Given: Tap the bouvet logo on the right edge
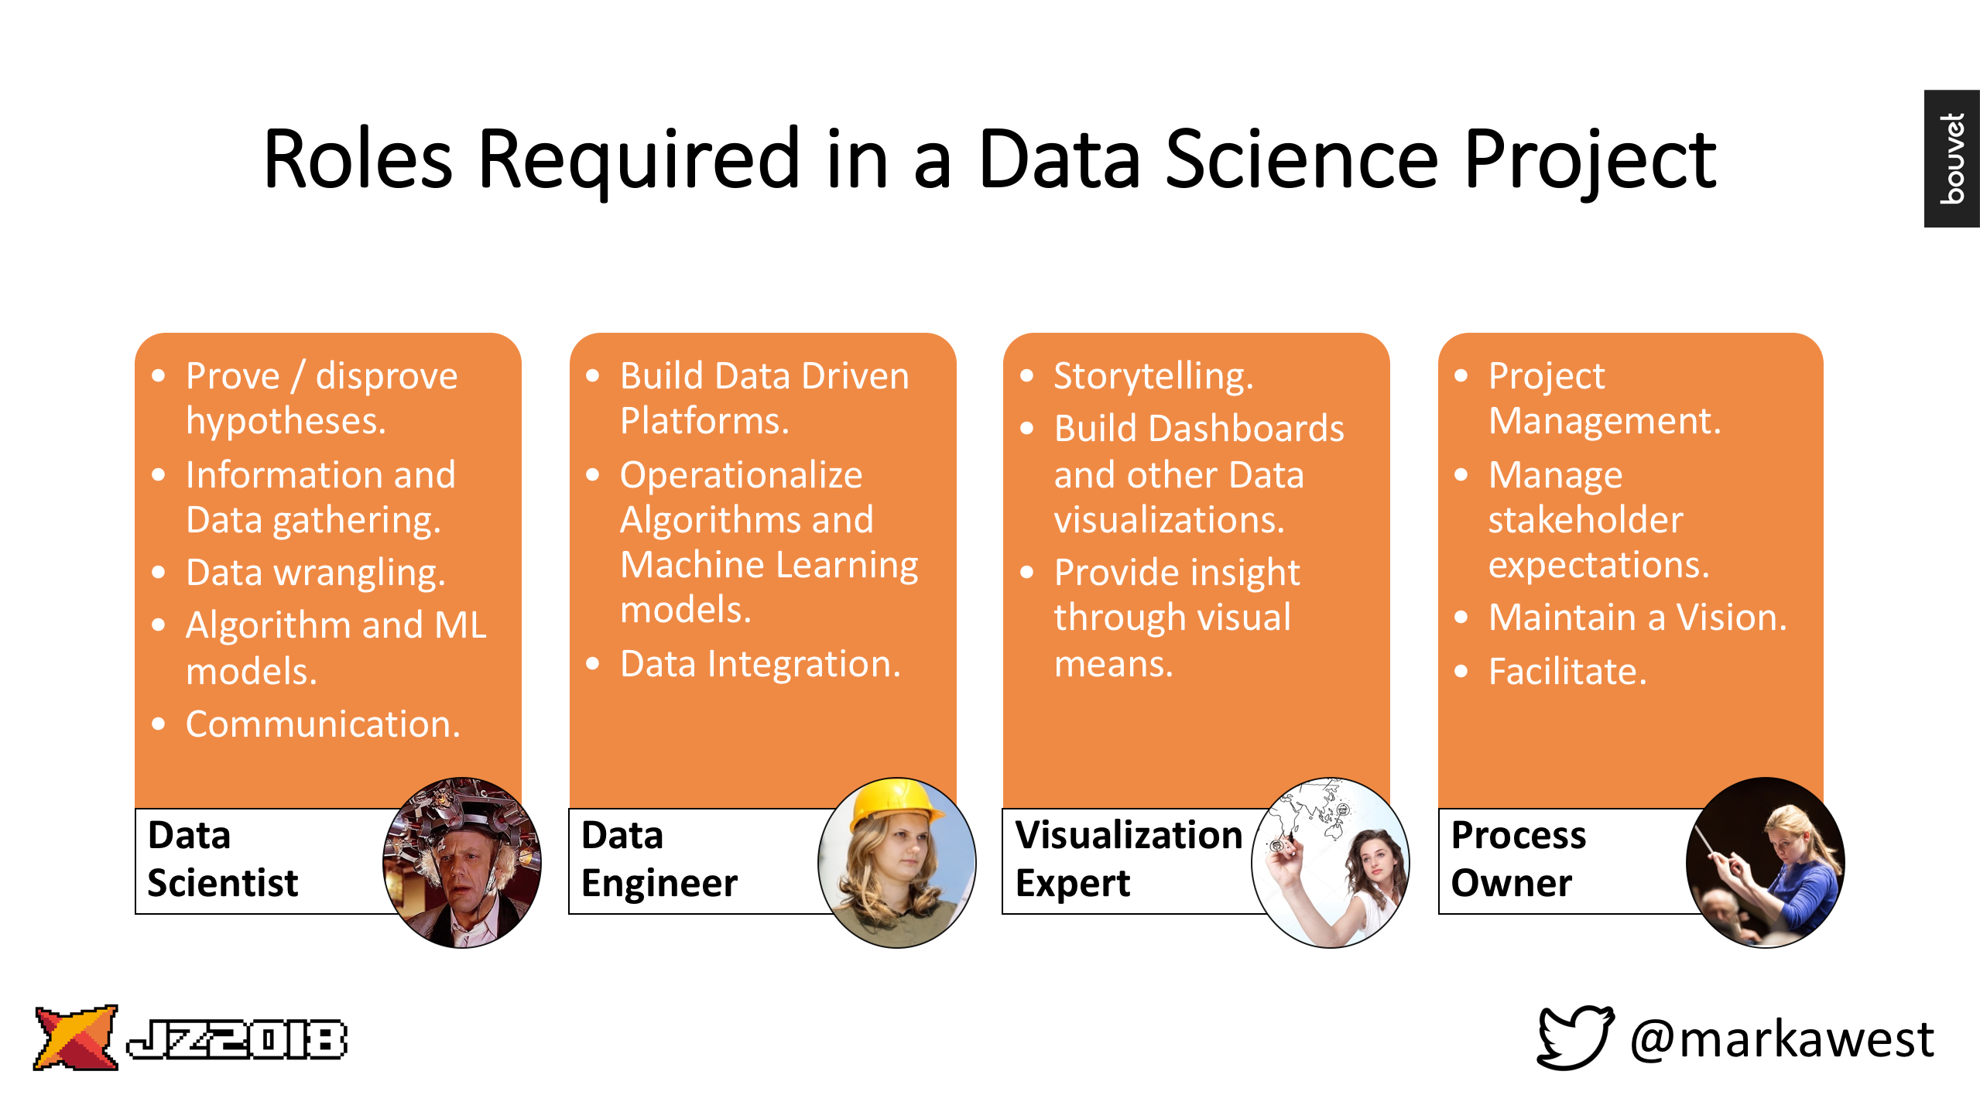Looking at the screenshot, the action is (x=1951, y=159).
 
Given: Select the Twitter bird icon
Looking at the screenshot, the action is (x=1575, y=1037).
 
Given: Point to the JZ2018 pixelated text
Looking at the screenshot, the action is (x=237, y=1039).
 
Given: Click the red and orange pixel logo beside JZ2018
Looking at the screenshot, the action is (x=76, y=1038).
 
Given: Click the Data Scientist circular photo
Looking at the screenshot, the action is (x=462, y=862).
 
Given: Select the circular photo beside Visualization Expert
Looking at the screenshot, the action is (x=1331, y=862).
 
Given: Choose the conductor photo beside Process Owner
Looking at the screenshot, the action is (x=1766, y=862).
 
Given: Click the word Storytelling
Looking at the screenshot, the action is (x=1153, y=377).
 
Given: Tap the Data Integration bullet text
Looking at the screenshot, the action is (x=761, y=664).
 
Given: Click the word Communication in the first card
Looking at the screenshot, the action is (x=323, y=724).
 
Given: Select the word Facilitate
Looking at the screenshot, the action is (x=1567, y=671).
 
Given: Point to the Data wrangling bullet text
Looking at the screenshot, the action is (x=316, y=573).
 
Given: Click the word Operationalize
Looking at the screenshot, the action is (x=742, y=475).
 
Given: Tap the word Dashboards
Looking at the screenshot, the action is (x=1246, y=429).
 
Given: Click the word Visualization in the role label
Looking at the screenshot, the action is (x=1129, y=835).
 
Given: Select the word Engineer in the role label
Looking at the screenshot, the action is (x=659, y=884).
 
